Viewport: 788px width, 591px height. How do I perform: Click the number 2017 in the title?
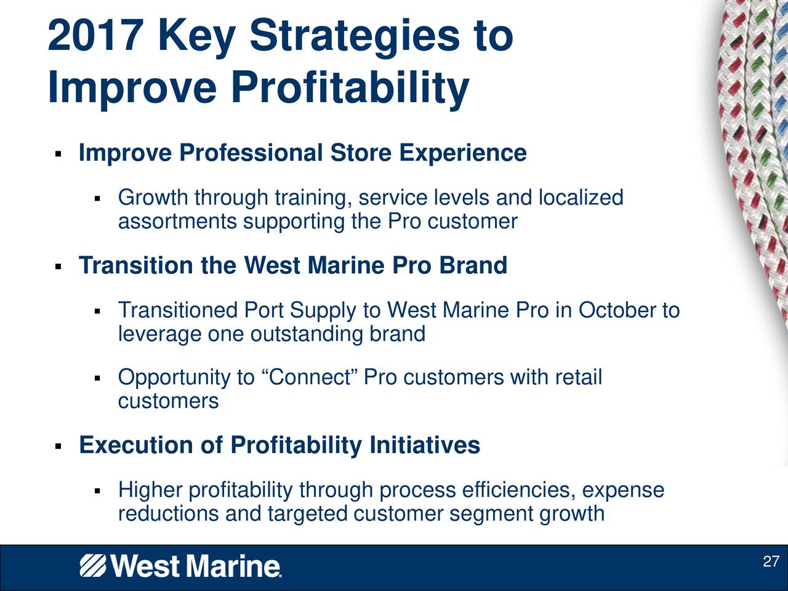[x=94, y=36]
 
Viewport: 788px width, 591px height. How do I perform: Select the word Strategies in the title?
[x=355, y=39]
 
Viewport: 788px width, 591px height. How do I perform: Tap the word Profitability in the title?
[x=350, y=90]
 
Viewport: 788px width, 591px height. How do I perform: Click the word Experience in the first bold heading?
[x=463, y=153]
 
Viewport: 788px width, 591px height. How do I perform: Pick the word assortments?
[x=177, y=221]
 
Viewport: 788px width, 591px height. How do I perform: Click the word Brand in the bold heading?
[x=473, y=265]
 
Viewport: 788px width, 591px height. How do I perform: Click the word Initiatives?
[x=425, y=445]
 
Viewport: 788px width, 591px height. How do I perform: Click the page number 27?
[x=771, y=561]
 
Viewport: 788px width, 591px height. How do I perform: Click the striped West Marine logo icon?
[x=92, y=566]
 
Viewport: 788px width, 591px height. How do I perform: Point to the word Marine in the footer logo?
[x=233, y=566]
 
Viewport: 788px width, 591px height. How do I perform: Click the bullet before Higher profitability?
[x=97, y=491]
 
